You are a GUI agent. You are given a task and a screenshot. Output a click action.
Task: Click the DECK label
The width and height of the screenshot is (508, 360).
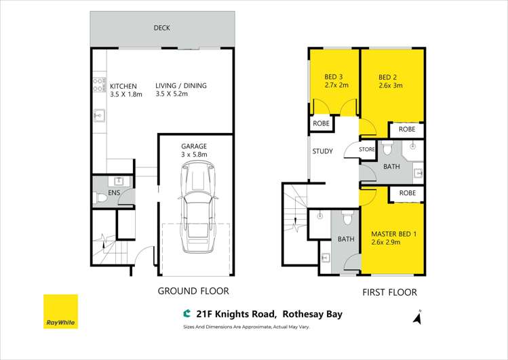pyautogui.click(x=161, y=28)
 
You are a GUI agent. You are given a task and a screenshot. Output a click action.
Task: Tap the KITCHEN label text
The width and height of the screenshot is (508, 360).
pyautogui.click(x=123, y=86)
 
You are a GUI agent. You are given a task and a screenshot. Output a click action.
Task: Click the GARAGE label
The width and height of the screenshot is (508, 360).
pyautogui.click(x=193, y=146)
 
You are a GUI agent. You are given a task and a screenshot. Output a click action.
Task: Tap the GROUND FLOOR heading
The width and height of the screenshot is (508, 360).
pyautogui.click(x=193, y=291)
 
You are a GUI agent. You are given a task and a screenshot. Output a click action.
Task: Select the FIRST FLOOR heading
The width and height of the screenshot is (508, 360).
pyautogui.click(x=389, y=292)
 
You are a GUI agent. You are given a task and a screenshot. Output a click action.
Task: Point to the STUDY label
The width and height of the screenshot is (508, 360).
pyautogui.click(x=322, y=151)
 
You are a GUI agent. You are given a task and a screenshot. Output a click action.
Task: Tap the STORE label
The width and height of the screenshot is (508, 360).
pyautogui.click(x=367, y=149)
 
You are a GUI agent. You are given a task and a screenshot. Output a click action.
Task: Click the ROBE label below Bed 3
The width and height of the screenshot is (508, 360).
pyautogui.click(x=321, y=124)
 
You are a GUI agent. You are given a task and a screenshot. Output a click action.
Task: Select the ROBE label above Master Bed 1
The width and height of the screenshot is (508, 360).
pyautogui.click(x=407, y=193)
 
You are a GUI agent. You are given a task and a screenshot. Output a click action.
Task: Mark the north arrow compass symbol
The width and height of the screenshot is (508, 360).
pyautogui.click(x=419, y=315)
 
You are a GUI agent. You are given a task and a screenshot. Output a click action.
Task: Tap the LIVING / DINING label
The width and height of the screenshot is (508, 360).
pyautogui.click(x=180, y=86)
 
